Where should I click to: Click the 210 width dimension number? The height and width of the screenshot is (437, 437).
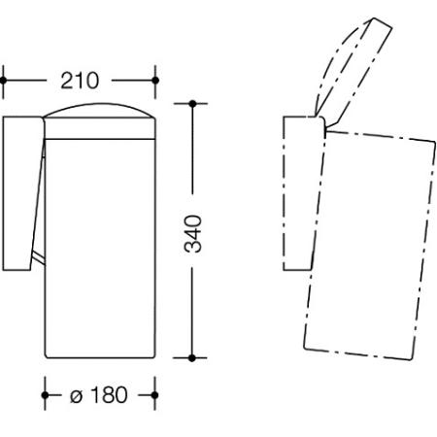[x=80, y=81]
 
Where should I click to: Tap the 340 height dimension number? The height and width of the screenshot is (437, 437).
[x=193, y=233]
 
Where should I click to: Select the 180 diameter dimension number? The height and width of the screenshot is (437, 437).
[x=109, y=395]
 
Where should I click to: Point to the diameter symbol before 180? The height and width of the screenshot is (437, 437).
[x=76, y=395]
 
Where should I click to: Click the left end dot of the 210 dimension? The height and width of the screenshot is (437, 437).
[x=3, y=81]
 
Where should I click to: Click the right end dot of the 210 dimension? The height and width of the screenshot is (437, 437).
[x=155, y=81]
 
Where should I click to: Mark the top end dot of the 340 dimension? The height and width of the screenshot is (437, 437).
[x=192, y=104]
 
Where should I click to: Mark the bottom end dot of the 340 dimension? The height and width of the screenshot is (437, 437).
[x=192, y=358]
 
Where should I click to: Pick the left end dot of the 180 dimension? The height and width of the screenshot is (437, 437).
[x=45, y=395]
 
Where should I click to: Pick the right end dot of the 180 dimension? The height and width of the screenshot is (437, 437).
[x=154, y=395]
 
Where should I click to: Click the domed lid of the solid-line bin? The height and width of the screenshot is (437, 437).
[x=99, y=110]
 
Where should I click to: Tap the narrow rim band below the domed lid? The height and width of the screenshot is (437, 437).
[x=100, y=128]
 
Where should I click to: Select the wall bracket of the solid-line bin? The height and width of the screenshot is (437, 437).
[x=22, y=193]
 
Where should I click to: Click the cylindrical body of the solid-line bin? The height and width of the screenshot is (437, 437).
[x=100, y=249]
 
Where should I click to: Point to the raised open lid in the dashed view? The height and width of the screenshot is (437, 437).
[x=353, y=71]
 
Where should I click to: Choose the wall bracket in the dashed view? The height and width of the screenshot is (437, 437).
[x=304, y=193]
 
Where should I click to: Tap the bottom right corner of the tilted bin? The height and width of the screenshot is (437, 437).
[x=411, y=360]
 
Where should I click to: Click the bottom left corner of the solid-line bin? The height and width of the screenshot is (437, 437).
[x=46, y=357]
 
